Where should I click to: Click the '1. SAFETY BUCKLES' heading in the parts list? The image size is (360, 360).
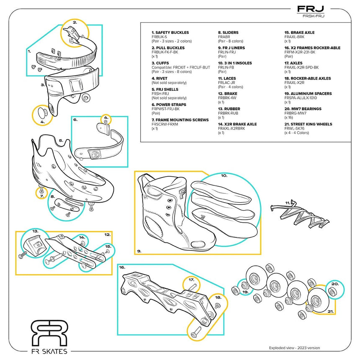tap(170, 33)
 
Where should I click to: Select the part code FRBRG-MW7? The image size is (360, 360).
tap(296, 113)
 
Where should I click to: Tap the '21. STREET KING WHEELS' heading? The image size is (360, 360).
tap(308, 124)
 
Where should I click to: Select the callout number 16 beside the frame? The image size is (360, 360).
tap(122, 267)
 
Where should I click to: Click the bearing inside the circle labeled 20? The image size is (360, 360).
tap(335, 290)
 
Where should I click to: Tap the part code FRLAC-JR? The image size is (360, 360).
tap(227, 83)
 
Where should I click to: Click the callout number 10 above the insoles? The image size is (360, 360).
tap(224, 176)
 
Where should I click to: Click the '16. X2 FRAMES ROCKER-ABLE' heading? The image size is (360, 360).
tap(312, 48)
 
